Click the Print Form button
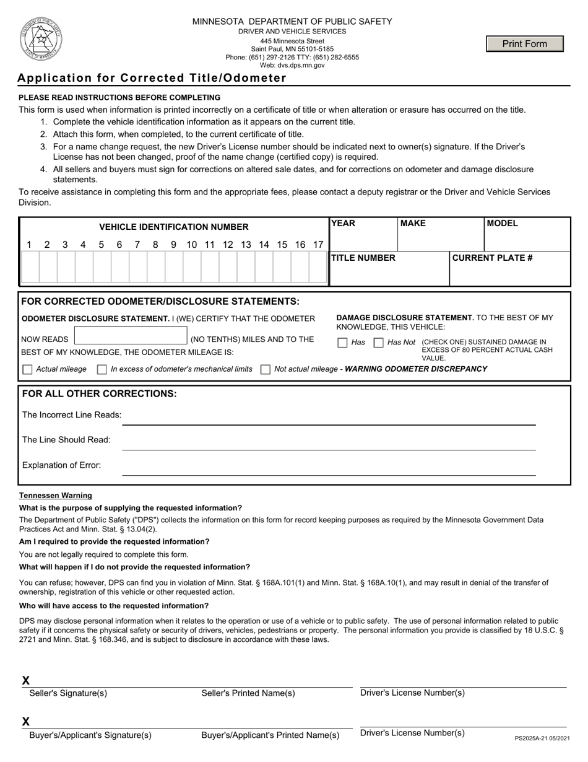coord(525,44)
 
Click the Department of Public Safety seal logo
coord(41,38)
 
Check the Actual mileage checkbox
coord(27,370)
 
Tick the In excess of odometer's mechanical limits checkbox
coord(102,370)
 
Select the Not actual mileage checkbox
coord(266,370)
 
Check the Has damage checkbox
coord(342,343)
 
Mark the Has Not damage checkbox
coord(379,343)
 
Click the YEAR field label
coord(344,224)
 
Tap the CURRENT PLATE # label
coord(493,258)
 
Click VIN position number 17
coord(318,245)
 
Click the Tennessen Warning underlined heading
coord(56,496)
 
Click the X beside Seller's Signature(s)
coord(26,680)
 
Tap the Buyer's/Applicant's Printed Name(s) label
coord(270,735)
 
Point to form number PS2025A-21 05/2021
coord(542,738)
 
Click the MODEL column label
coord(503,224)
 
